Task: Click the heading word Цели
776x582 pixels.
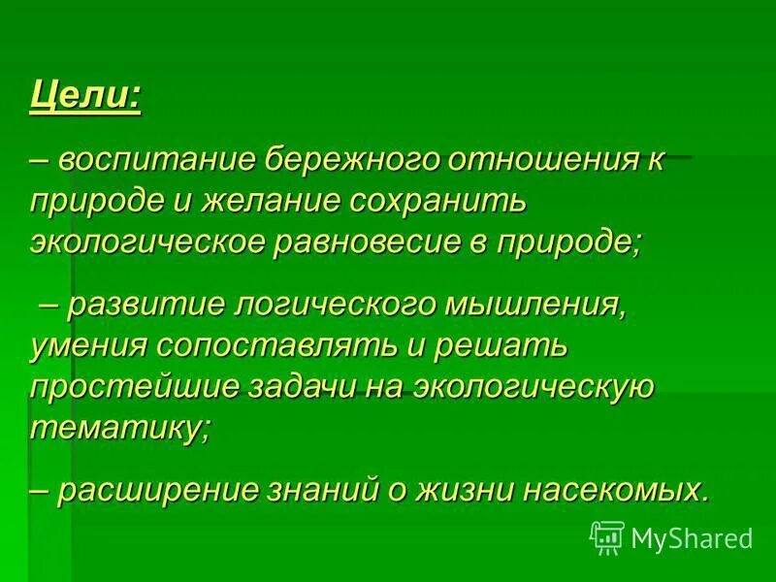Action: [85, 98]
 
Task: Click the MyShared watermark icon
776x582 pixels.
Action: [606, 536]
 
